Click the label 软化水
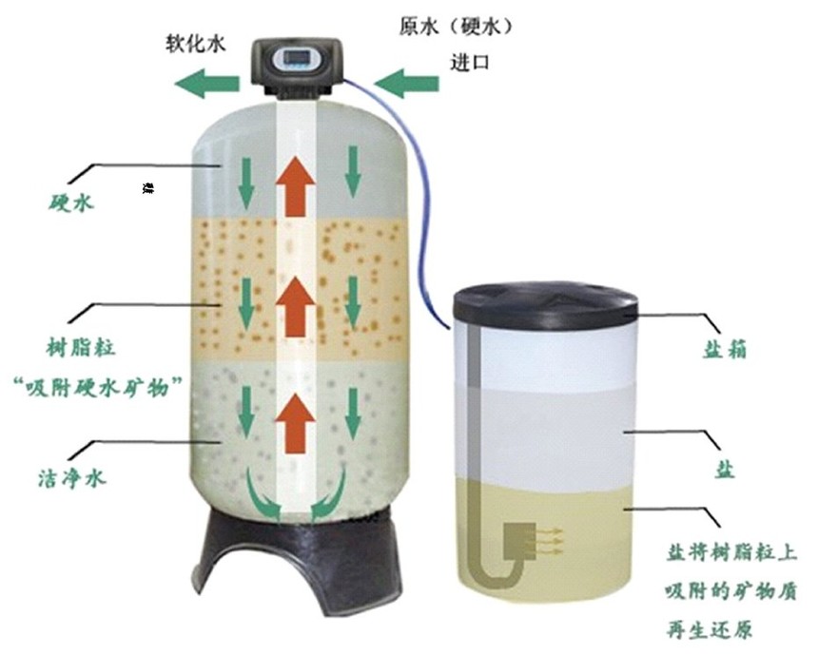point(196,43)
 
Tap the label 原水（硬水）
point(456,26)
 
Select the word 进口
point(470,62)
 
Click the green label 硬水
point(71,202)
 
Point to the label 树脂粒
point(80,347)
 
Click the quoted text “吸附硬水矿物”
point(98,388)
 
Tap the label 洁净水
point(71,477)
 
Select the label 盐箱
point(724,349)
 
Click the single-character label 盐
point(725,470)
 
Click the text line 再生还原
point(710,630)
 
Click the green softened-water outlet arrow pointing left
point(207,83)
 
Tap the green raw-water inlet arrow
point(406,83)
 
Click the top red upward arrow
point(296,185)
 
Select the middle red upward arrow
point(296,307)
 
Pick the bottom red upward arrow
point(296,423)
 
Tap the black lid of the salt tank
point(545,302)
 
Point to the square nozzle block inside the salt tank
point(519,541)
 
